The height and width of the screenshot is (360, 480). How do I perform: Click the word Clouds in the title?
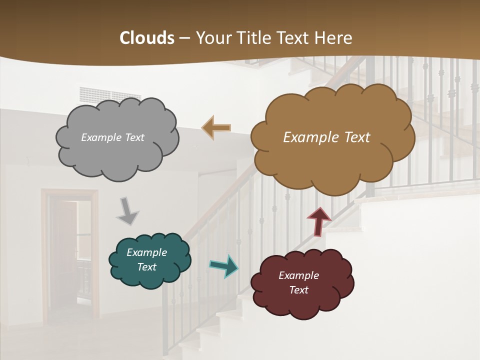pos(147,38)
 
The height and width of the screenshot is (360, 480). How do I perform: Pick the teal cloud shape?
pos(150,277)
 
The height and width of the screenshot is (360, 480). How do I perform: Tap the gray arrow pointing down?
pos(128,211)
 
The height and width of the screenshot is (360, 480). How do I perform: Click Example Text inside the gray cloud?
pos(112,137)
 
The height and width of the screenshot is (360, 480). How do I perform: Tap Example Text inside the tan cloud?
pos(326,137)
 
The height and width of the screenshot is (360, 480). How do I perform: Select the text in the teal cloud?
pos(146,259)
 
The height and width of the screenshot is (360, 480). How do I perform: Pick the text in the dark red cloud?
pos(298,282)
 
